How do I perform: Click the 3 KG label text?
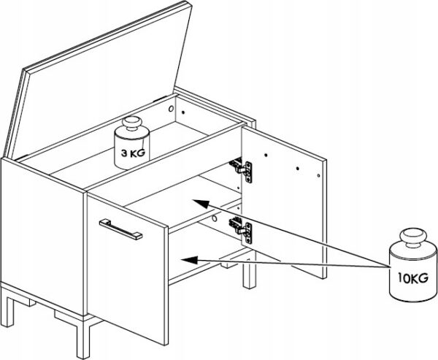click(x=133, y=153)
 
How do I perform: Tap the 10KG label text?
click(x=413, y=277)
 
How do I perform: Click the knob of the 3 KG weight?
click(x=132, y=123)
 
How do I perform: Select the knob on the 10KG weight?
click(x=413, y=237)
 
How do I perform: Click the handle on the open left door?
click(x=120, y=229)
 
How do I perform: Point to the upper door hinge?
click(x=242, y=170)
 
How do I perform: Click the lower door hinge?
click(x=242, y=230)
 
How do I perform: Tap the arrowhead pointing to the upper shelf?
click(x=201, y=203)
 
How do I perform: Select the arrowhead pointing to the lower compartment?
click(x=190, y=260)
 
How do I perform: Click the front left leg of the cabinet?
click(x=7, y=311)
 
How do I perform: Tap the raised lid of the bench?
click(x=98, y=81)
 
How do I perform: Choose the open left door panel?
click(x=128, y=268)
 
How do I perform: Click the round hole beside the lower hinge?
click(x=215, y=218)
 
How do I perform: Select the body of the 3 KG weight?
click(x=132, y=150)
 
